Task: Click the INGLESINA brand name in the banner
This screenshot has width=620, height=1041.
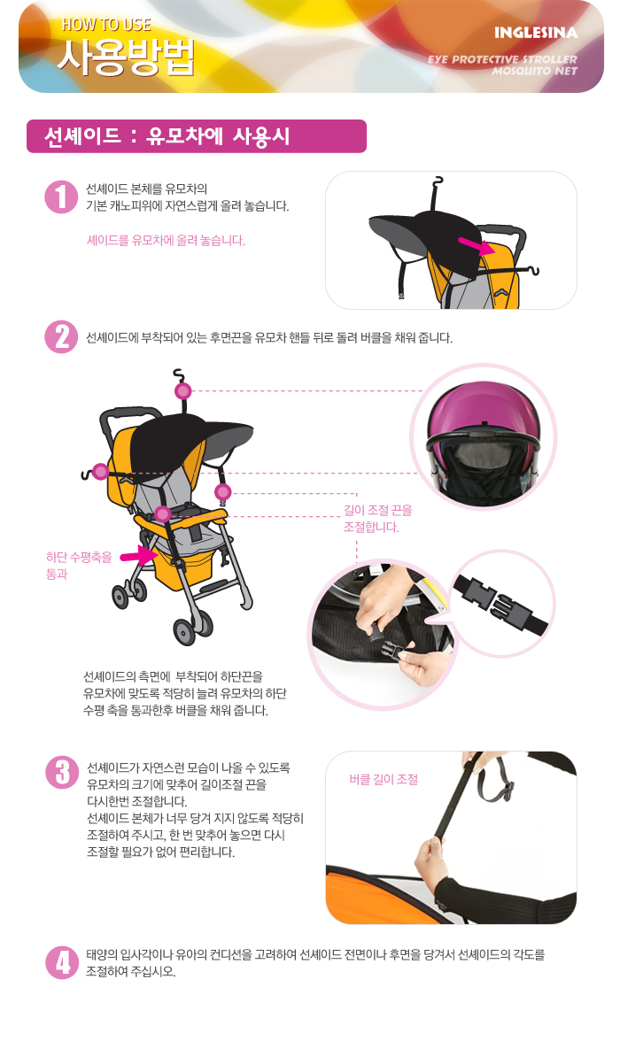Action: tap(536, 33)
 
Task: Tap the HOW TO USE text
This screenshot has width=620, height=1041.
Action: tap(106, 25)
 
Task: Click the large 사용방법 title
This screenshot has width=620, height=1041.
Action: tap(127, 57)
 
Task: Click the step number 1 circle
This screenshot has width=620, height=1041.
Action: tap(62, 197)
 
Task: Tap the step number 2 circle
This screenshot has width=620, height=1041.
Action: tap(62, 336)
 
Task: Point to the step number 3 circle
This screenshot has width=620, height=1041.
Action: tap(63, 773)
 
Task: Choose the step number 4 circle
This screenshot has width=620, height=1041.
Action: tap(63, 962)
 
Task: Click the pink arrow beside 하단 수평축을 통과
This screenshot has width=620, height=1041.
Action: tap(138, 556)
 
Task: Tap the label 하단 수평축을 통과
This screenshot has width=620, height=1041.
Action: tap(79, 565)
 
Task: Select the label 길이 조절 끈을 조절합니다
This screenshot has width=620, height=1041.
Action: tap(377, 519)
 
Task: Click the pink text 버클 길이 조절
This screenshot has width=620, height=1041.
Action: tap(384, 779)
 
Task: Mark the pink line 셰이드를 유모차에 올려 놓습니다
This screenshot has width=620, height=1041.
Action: tap(167, 241)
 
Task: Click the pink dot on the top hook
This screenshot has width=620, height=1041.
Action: tap(182, 390)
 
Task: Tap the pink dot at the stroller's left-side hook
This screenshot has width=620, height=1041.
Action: tap(100, 471)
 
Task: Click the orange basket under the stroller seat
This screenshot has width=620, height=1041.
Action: tap(182, 565)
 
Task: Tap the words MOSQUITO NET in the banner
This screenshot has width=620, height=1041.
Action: tap(534, 71)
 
